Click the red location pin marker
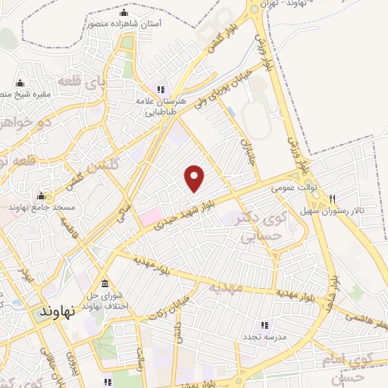pos(196,179)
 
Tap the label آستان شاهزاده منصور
pos(125,24)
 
